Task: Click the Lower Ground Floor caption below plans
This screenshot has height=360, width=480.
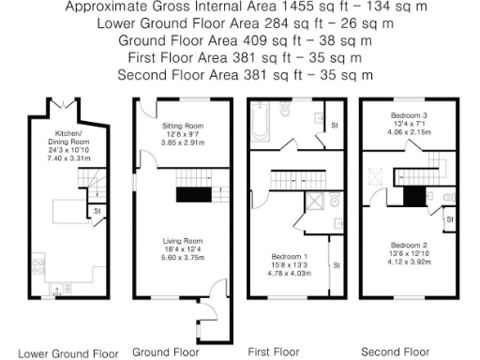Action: [x=68, y=353]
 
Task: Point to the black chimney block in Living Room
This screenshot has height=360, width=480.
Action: [x=193, y=195]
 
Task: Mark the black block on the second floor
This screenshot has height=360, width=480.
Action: [x=412, y=196]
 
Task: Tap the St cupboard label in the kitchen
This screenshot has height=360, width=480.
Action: [x=97, y=212]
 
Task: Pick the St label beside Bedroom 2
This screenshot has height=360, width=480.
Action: [x=450, y=220]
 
